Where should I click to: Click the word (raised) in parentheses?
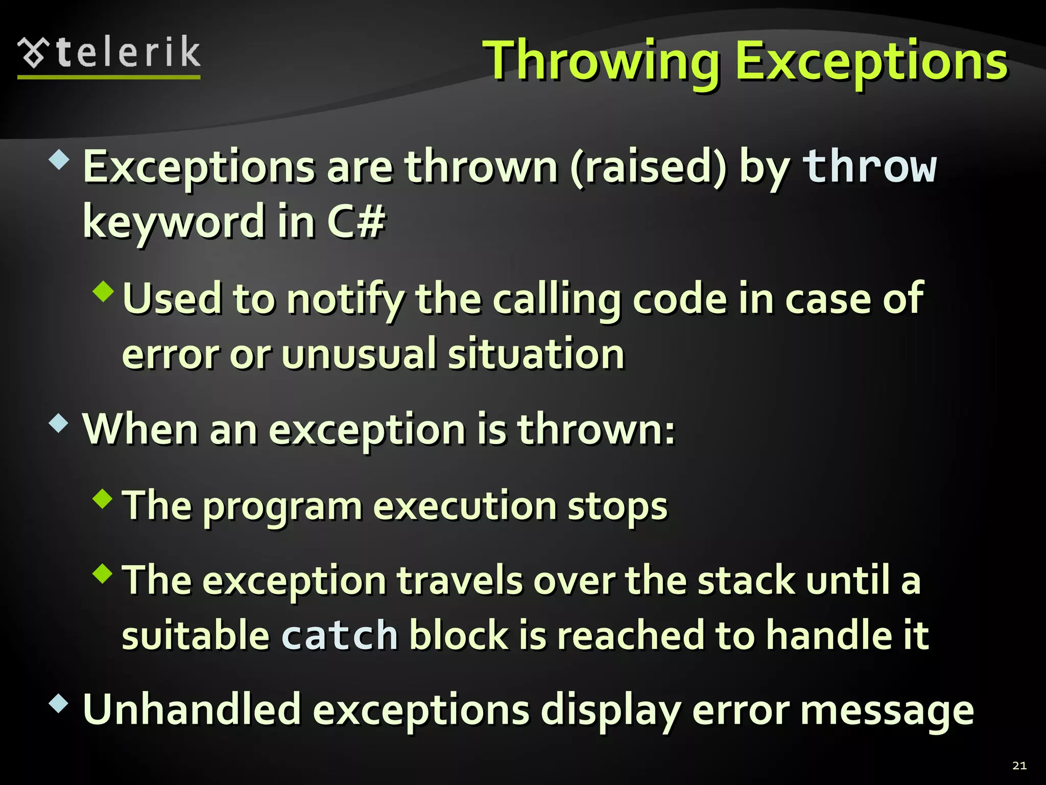pyautogui.click(x=648, y=167)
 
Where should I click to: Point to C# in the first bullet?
pyautogui.click(x=355, y=221)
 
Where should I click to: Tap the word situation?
pyautogui.click(x=536, y=354)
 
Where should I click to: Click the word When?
pyautogui.click(x=140, y=429)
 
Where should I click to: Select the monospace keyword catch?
pyautogui.click(x=339, y=635)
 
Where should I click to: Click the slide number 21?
pyautogui.click(x=1019, y=765)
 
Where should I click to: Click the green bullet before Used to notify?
pyautogui.click(x=104, y=291)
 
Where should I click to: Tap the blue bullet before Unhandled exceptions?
pyautogui.click(x=59, y=703)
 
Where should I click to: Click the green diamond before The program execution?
pyautogui.click(x=104, y=498)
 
